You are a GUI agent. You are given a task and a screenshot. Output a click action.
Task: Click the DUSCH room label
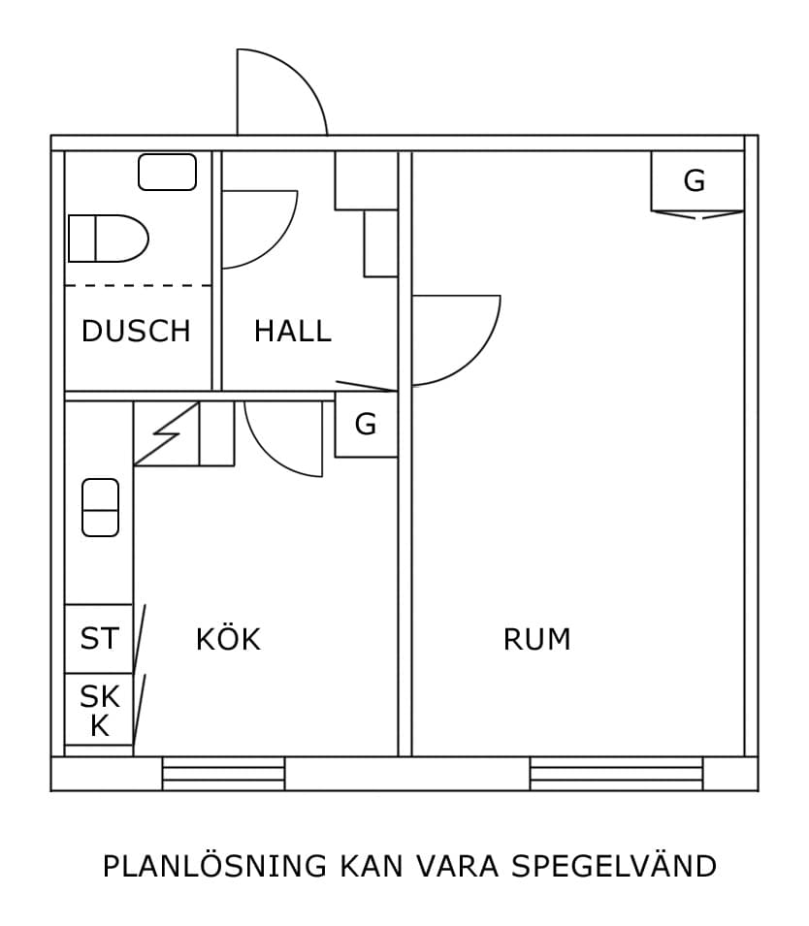click(136, 331)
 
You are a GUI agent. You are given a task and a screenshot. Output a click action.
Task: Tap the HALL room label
click(292, 331)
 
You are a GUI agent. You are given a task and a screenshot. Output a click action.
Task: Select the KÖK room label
click(228, 639)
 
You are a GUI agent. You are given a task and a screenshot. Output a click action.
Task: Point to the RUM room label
click(536, 639)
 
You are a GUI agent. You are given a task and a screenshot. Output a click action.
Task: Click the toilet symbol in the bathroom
click(107, 239)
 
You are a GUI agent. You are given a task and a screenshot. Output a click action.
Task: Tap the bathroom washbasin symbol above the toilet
click(167, 173)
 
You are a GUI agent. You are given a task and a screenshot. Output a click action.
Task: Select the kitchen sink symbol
click(100, 507)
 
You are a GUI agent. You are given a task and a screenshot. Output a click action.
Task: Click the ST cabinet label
click(99, 639)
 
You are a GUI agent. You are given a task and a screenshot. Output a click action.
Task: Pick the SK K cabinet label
click(99, 710)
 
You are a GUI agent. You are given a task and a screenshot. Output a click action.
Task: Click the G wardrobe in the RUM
click(695, 181)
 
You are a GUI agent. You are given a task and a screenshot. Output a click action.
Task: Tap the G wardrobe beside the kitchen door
click(366, 424)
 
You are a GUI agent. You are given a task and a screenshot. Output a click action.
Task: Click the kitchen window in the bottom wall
click(223, 774)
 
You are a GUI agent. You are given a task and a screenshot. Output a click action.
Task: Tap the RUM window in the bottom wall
click(616, 774)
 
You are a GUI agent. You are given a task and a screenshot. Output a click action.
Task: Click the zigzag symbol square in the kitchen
click(167, 433)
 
